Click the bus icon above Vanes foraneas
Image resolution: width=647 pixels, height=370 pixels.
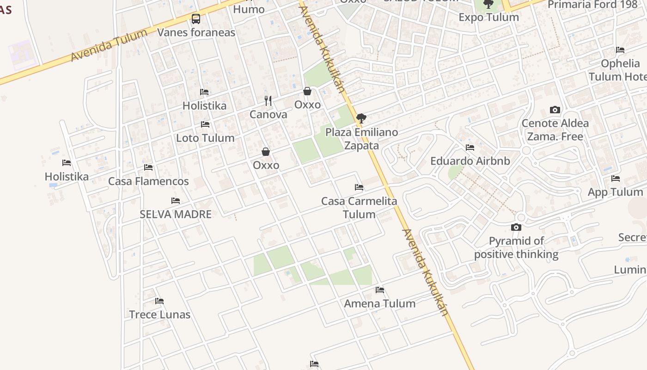click(196, 19)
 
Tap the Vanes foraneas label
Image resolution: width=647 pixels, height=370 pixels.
click(196, 32)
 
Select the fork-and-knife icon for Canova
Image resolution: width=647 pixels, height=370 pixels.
click(268, 100)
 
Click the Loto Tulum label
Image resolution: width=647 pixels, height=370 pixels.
click(205, 138)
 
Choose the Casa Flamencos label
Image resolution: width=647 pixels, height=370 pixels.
click(148, 181)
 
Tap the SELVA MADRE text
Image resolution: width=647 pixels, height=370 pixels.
click(176, 214)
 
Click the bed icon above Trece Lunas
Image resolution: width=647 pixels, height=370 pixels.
click(159, 301)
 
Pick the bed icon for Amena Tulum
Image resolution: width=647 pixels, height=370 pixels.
click(380, 290)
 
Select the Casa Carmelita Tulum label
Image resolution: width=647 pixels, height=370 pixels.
click(359, 208)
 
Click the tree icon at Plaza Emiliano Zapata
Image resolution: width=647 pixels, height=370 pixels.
click(361, 118)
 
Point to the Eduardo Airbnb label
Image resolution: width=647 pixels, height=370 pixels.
click(470, 161)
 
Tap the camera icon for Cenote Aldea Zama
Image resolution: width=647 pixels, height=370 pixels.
click(555, 110)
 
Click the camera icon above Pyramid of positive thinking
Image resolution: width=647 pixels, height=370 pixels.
click(516, 227)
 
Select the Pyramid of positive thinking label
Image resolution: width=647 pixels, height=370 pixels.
click(516, 247)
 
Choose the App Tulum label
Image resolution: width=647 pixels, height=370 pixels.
click(615, 192)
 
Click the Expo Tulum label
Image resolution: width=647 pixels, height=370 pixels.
click(488, 17)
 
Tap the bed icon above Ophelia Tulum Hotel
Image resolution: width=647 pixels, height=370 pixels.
click(620, 50)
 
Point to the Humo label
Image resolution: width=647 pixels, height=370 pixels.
click(249, 9)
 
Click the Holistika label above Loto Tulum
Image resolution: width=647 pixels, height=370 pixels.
click(204, 105)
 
